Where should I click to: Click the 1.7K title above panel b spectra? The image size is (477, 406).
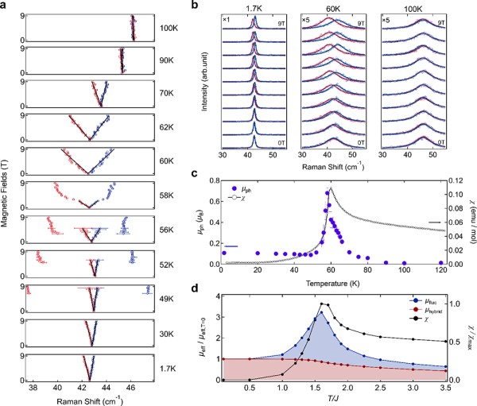pos(255,10)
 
